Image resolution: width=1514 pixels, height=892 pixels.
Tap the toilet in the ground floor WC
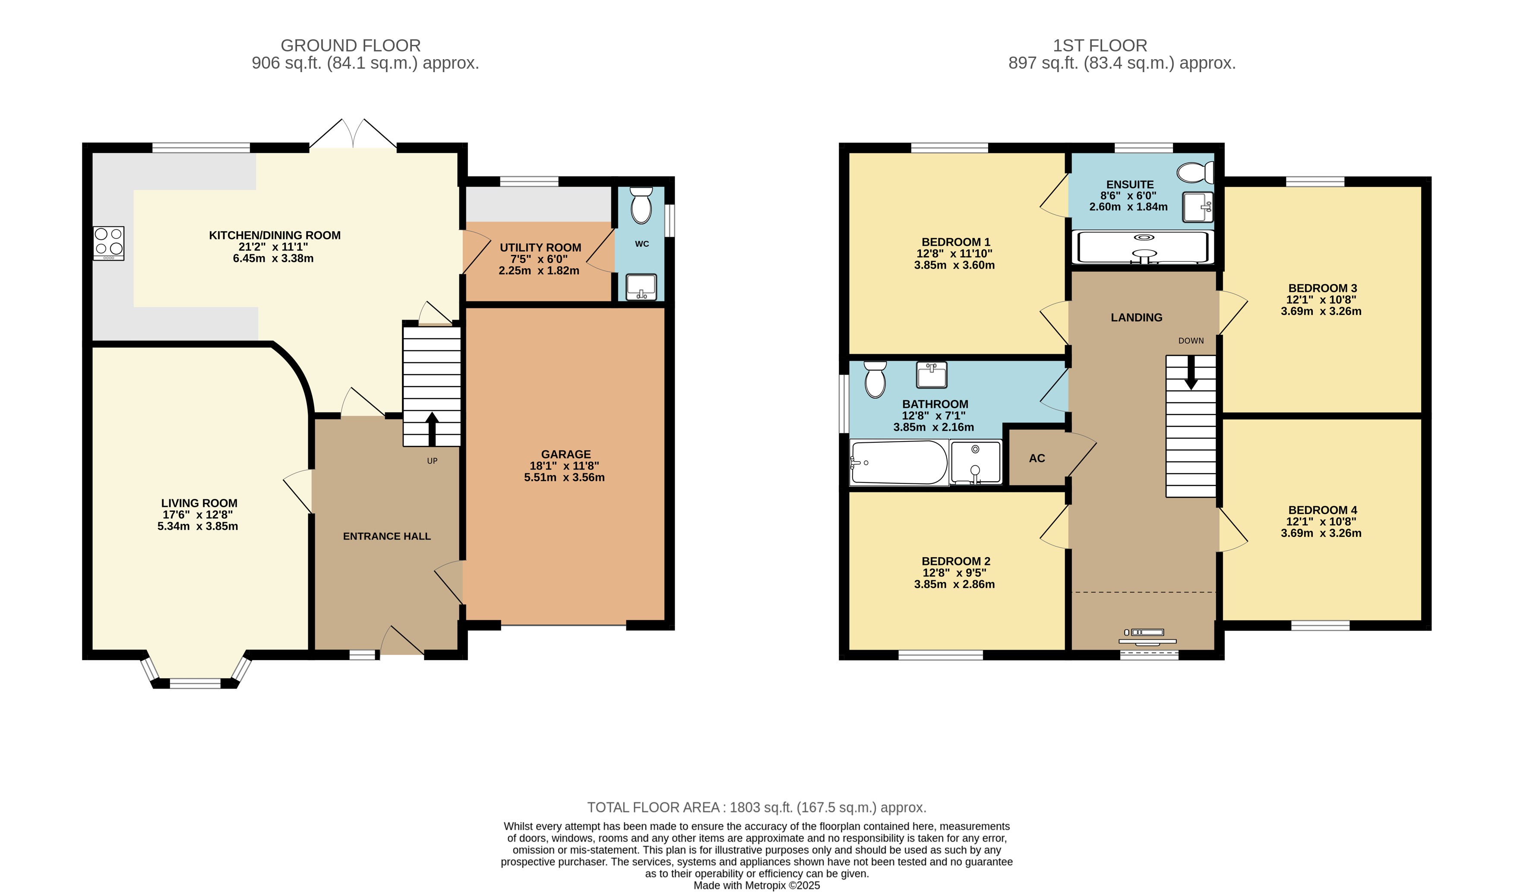(x=641, y=205)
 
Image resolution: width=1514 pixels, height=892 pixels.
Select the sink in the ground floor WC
(x=641, y=287)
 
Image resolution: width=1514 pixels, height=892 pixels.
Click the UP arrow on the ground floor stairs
(x=432, y=429)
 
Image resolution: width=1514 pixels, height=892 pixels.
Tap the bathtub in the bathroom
(x=899, y=462)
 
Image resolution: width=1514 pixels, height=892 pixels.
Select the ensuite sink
(x=1198, y=207)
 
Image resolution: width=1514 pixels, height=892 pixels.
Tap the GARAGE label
(x=566, y=454)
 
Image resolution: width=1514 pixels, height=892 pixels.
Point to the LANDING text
(x=1137, y=317)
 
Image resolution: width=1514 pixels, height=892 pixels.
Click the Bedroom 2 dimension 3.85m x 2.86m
(x=955, y=584)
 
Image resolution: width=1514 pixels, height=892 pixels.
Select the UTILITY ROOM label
(x=540, y=248)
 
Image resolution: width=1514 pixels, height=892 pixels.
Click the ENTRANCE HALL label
(x=387, y=536)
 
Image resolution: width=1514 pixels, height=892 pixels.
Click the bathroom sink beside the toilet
(x=932, y=375)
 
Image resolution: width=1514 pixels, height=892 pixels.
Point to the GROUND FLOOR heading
(x=351, y=46)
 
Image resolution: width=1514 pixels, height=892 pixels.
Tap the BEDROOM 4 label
(x=1323, y=510)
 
